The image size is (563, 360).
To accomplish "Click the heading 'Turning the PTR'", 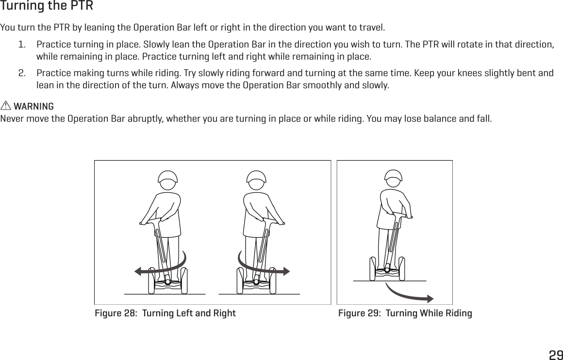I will point(47,7).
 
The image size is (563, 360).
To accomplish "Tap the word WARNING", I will point(34,106).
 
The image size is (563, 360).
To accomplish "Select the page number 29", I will point(555,354).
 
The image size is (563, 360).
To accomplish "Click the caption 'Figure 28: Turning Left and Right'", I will point(165,313).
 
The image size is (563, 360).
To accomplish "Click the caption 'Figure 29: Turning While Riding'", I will point(405,313).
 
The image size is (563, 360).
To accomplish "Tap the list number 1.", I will point(21,45).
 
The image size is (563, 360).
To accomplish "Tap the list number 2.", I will point(22,73).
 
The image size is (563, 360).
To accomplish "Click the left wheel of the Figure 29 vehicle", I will point(373,268).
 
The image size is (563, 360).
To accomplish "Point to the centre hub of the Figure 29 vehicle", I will point(387,269).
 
